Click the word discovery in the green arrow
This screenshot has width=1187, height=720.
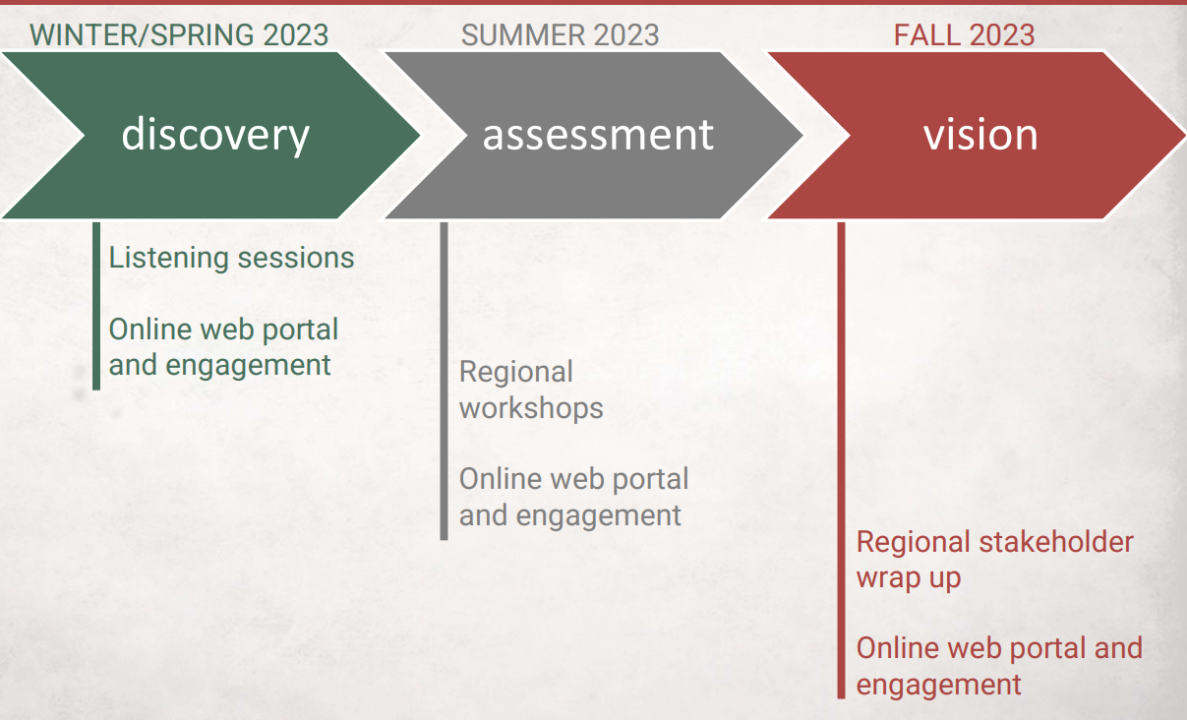(x=215, y=135)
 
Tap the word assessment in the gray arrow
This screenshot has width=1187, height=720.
(x=598, y=135)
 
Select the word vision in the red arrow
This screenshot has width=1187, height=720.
(x=980, y=135)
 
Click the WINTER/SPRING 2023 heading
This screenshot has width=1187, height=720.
(x=179, y=35)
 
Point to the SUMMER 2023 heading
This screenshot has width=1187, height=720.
(x=561, y=35)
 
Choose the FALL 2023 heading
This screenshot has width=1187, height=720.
(x=965, y=35)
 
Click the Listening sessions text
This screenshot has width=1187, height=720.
(x=231, y=259)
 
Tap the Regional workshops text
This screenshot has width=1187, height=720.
(x=531, y=390)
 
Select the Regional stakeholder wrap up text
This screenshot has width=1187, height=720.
(x=994, y=561)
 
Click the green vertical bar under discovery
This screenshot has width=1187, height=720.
(x=96, y=306)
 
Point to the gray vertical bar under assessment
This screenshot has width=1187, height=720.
(x=445, y=382)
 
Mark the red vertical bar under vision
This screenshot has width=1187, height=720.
(x=841, y=460)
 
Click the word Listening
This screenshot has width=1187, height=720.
(x=169, y=259)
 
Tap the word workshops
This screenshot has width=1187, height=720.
(x=531, y=409)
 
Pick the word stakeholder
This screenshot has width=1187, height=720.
(x=1055, y=542)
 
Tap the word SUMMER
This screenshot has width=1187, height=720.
(x=523, y=35)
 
